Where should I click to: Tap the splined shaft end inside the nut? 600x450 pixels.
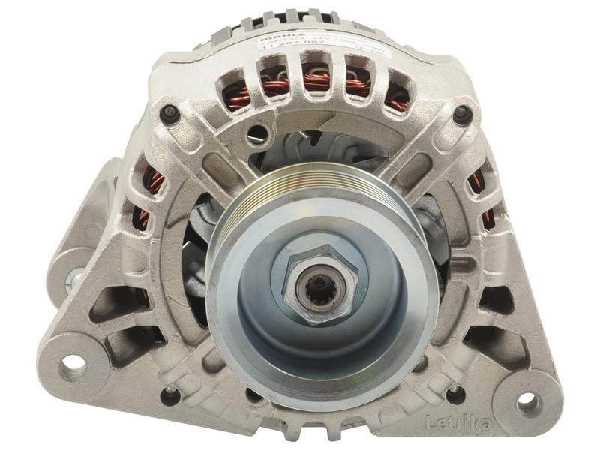coord(316,287)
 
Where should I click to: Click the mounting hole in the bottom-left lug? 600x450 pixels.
coord(73,364)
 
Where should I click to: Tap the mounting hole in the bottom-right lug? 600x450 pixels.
coord(528,400)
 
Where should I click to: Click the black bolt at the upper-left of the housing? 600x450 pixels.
coord(169,112)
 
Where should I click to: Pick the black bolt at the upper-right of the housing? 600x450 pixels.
coord(462,114)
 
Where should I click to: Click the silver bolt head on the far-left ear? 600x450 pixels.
coord(75,279)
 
